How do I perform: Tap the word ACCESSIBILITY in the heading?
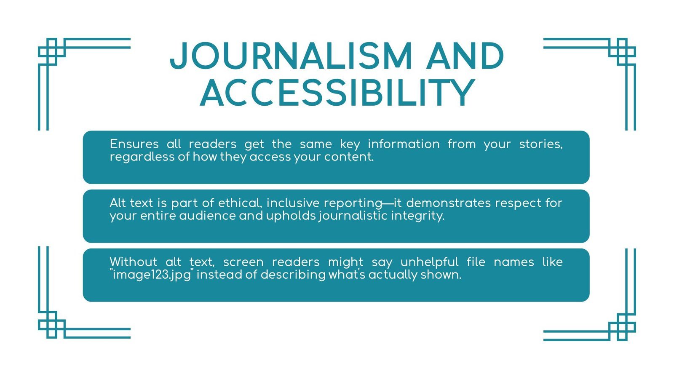pyautogui.click(x=337, y=93)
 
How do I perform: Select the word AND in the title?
pyautogui.click(x=465, y=56)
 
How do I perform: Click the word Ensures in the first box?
pyautogui.click(x=134, y=144)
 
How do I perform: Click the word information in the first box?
pyautogui.click(x=404, y=144)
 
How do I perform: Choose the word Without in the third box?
pyautogui.click(x=133, y=262)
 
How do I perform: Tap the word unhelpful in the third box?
pyautogui.click(x=429, y=262)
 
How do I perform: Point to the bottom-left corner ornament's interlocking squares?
pyautogui.click(x=51, y=325)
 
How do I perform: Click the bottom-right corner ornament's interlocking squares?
pyautogui.click(x=622, y=327)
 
